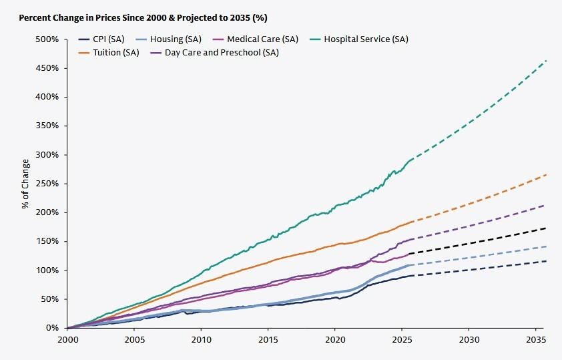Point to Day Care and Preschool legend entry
tap(214, 53)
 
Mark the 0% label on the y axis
tap(53, 328)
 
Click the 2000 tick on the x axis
tap(67, 339)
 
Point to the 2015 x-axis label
tap(268, 339)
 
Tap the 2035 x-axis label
tap(535, 339)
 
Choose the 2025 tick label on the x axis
tap(401, 339)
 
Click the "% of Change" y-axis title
tap(25, 184)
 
